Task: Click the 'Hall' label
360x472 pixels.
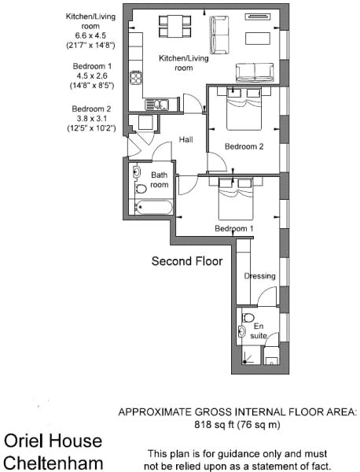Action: (186, 139)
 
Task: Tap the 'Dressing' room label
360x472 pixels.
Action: (259, 276)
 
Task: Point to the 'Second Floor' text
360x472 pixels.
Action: (186, 260)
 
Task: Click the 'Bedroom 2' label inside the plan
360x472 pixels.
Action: (243, 146)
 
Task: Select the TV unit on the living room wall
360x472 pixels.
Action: (257, 15)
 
